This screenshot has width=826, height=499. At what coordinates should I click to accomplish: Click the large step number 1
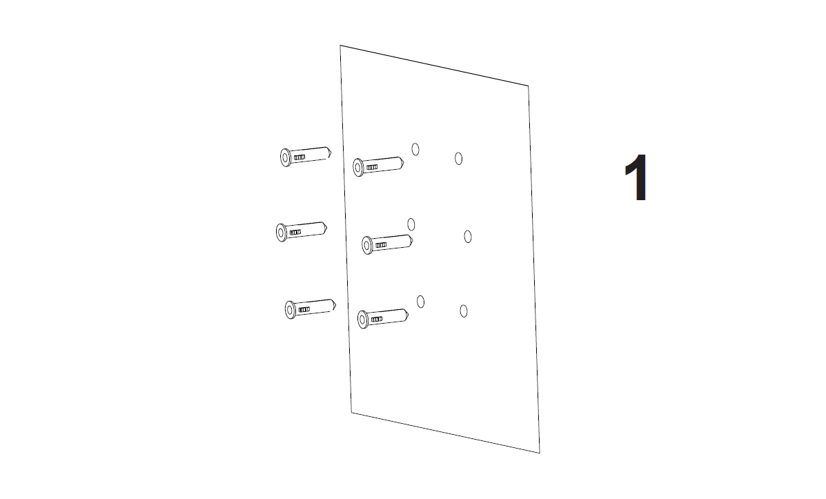636,177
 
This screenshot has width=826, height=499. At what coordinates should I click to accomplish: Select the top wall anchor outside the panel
306,156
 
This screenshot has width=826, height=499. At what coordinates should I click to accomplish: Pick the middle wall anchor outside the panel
302,231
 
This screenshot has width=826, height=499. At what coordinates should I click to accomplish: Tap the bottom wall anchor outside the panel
311,309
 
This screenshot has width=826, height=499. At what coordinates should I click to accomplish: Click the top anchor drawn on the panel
378,166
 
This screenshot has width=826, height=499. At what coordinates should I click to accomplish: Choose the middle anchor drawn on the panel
387,244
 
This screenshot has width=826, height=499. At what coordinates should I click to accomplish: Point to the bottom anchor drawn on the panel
383,318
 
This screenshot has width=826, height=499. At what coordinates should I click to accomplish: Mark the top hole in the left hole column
415,150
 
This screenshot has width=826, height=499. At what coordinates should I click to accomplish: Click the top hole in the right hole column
458,159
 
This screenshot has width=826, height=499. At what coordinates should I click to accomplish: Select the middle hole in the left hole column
411,224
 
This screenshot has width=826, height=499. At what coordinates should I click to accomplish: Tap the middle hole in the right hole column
468,237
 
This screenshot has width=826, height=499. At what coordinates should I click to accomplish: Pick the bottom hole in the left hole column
420,302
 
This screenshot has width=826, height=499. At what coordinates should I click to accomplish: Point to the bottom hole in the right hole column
464,311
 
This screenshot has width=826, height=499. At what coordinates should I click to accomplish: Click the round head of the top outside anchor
286,157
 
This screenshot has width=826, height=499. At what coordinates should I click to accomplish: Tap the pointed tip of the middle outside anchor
326,228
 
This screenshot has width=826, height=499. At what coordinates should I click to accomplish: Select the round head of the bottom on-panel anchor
363,320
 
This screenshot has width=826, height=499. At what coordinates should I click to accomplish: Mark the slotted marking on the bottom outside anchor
304,309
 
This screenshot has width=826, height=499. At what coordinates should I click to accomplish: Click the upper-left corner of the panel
340,46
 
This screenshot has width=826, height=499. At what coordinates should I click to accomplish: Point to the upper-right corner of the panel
529,86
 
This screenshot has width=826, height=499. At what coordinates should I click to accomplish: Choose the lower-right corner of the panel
540,453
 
